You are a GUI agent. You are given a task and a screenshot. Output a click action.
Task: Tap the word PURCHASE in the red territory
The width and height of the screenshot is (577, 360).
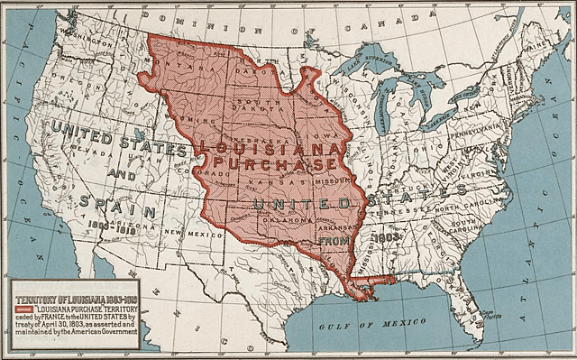[x=271, y=163]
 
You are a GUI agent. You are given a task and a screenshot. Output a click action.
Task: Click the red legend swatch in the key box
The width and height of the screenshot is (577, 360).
[x=24, y=309]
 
